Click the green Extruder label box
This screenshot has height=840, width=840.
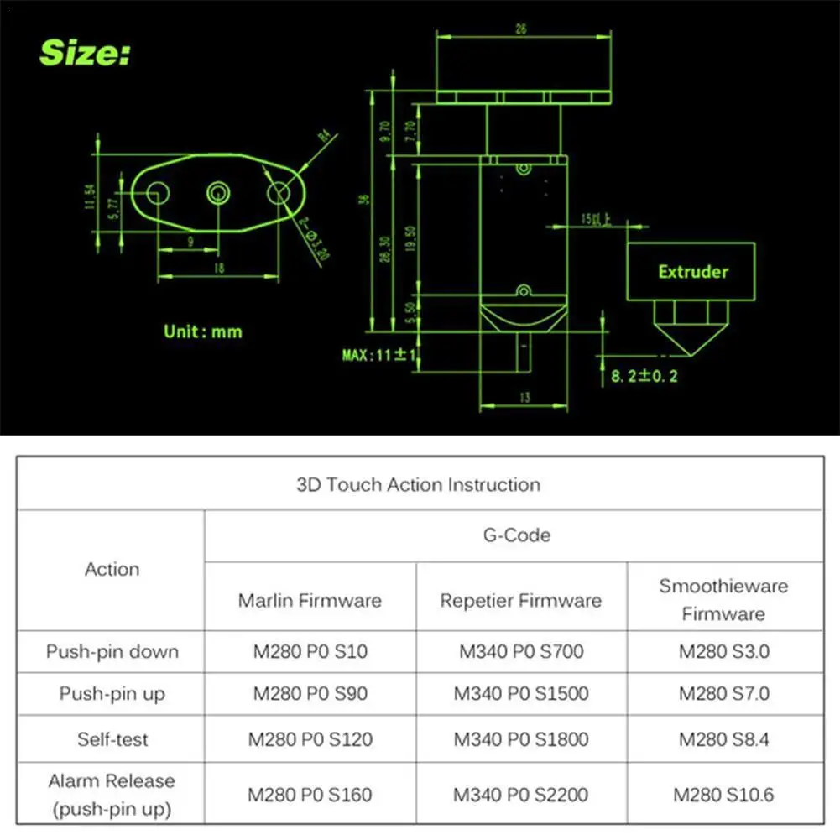[692, 271]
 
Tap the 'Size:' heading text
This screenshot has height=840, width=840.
[85, 54]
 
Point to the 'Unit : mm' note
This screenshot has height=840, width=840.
[202, 331]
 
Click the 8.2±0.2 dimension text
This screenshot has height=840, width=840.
[644, 375]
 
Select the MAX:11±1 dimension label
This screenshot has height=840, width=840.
[380, 355]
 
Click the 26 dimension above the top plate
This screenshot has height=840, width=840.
[520, 29]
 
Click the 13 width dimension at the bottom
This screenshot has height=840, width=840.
[524, 398]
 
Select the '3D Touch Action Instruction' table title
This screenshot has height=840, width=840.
[419, 484]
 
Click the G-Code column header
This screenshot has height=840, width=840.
[516, 535]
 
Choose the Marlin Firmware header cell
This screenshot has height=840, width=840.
[310, 600]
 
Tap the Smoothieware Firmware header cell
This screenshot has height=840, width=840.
[723, 599]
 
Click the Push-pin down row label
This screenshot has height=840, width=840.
[112, 651]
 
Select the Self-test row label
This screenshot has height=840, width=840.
[112, 739]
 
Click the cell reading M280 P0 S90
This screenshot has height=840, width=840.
[310, 694]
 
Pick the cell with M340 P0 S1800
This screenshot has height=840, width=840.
[521, 739]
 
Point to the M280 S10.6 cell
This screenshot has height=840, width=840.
[723, 794]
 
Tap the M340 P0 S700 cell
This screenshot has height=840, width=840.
[521, 651]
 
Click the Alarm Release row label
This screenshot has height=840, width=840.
[112, 794]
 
